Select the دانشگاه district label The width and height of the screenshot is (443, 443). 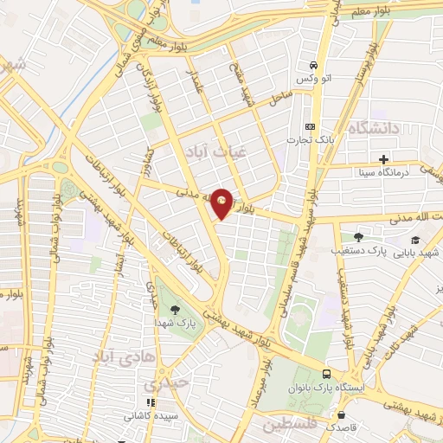point(375,128)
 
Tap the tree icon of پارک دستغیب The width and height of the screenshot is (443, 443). point(358,236)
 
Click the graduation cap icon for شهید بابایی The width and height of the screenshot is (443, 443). point(415,241)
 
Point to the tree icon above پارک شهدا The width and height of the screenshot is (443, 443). point(177,310)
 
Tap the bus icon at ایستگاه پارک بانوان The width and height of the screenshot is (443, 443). point(325,374)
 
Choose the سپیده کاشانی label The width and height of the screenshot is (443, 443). point(151,415)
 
